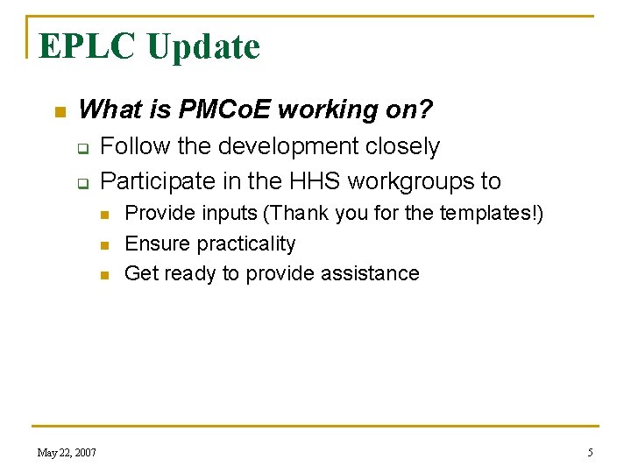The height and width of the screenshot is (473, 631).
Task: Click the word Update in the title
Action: pyautogui.click(x=203, y=46)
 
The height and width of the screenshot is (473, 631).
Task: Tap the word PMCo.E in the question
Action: pyautogui.click(x=227, y=109)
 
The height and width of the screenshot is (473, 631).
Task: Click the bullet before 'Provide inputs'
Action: pyautogui.click(x=104, y=215)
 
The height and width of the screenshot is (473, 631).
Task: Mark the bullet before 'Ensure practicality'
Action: pyautogui.click(x=104, y=245)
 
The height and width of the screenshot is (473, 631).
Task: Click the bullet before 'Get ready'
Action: pyautogui.click(x=104, y=275)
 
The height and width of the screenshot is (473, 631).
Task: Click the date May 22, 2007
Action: pyautogui.click(x=67, y=452)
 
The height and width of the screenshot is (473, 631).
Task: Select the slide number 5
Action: pyautogui.click(x=590, y=452)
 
